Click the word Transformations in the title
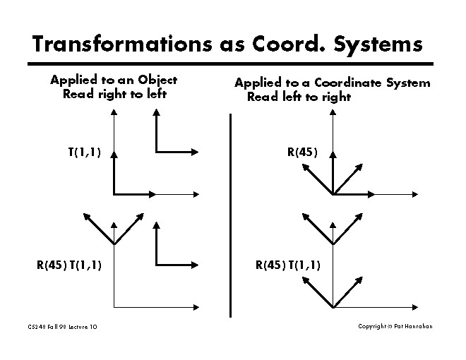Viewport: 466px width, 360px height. [122, 44]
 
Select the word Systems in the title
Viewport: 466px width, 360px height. [378, 45]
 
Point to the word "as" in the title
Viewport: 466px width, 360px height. [232, 46]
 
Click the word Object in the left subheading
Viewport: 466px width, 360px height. [157, 80]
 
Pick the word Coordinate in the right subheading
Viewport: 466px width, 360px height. [347, 83]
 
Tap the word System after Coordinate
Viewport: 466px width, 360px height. [408, 83]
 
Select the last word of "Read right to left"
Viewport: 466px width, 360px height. [157, 94]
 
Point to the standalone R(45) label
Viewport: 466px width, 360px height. [302, 152]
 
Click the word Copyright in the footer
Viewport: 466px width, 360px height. [372, 326]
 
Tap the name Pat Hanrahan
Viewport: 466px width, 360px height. [413, 326]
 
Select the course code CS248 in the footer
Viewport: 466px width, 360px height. [37, 327]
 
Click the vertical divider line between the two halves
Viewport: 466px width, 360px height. [230, 215]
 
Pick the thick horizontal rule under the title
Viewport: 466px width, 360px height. [230, 64]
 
